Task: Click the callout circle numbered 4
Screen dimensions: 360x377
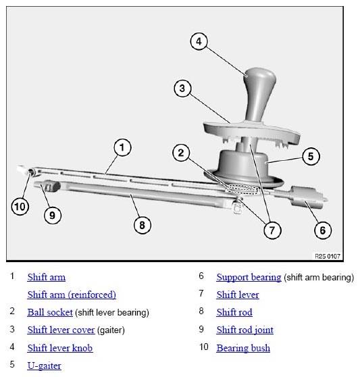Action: pos(199,41)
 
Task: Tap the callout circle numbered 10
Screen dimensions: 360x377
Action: pos(20,207)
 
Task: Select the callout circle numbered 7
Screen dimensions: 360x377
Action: pos(272,230)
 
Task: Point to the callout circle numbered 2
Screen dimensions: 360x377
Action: pos(181,153)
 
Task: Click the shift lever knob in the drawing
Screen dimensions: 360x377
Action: pos(259,95)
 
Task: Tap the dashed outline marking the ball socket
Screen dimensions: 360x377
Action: pos(242,189)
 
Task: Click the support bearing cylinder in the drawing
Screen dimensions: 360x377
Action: pos(307,197)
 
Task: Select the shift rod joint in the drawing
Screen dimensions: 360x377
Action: pos(51,186)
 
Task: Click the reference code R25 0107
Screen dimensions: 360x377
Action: pos(328,256)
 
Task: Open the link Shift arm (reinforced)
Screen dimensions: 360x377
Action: pos(72,295)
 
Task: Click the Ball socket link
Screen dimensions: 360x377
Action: pos(50,312)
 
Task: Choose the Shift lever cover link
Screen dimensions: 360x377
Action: pos(61,330)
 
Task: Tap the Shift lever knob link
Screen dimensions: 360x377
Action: pos(60,348)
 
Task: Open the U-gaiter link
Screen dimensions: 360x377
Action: pos(44,366)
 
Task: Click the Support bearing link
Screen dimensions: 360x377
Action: pos(249,277)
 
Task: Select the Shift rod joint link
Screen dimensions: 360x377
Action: pos(245,330)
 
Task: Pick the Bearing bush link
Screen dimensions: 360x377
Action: pos(243,348)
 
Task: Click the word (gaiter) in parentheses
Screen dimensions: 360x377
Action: pos(111,330)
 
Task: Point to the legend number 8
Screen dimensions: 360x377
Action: pos(201,311)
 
